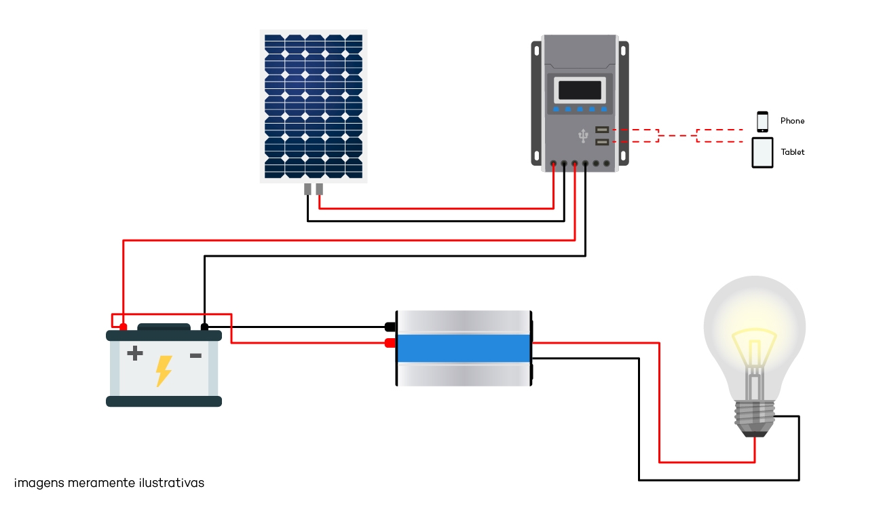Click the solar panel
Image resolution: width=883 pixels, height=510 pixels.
[314, 106]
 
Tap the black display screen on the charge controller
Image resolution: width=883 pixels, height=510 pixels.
[580, 90]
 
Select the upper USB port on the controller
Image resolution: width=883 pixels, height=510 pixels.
[602, 130]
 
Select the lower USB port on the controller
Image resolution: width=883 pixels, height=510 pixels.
[602, 142]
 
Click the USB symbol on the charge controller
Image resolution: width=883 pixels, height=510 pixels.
[583, 136]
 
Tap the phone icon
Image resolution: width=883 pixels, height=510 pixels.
[762, 122]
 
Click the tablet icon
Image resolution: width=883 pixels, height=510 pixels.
[762, 153]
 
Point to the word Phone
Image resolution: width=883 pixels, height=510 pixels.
[792, 121]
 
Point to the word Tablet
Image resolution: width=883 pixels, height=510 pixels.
[792, 152]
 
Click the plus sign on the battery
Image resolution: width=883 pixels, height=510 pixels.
[135, 353]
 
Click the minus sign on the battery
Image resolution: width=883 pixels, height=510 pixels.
[196, 356]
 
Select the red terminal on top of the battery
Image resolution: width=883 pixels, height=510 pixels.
[124, 327]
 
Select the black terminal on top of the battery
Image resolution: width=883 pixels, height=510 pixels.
[204, 327]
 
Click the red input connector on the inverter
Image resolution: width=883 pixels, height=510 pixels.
[390, 343]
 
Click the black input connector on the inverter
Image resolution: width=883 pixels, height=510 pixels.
[390, 327]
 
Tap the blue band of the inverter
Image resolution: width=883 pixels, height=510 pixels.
[464, 348]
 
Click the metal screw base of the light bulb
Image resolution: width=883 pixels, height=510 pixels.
[755, 418]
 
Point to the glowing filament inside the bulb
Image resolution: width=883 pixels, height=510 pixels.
[755, 351]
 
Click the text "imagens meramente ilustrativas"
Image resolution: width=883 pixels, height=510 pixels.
[109, 483]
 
